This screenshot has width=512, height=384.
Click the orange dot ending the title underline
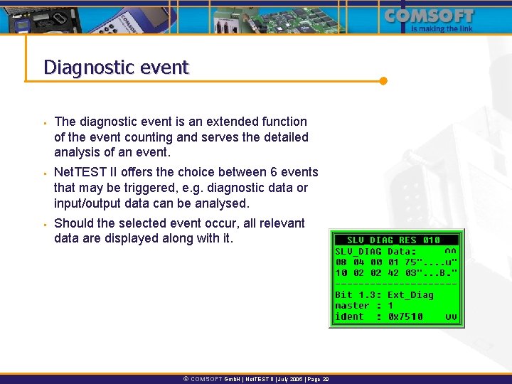[383, 80]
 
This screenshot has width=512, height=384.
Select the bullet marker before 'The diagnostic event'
[44, 123]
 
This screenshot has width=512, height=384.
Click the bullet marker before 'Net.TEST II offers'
[44, 174]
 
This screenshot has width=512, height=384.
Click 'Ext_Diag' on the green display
[410, 294]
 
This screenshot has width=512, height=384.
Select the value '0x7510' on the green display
[405, 317]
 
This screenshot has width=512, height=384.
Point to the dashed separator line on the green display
[396, 284]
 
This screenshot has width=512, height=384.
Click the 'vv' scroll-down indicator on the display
[451, 317]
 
